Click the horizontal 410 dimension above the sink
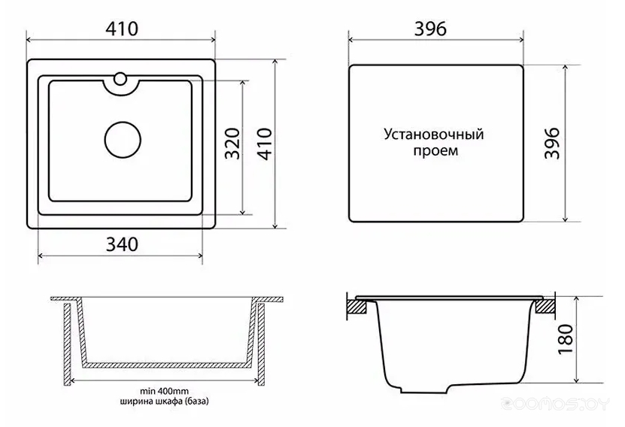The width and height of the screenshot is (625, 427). [122, 29]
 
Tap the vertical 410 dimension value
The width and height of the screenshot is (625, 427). [265, 144]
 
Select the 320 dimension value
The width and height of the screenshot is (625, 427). [232, 144]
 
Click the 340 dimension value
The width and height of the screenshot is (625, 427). [122, 244]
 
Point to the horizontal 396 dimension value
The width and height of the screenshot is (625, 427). [430, 29]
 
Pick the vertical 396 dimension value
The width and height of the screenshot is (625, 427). [552, 144]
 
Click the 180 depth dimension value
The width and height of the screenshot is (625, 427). [566, 339]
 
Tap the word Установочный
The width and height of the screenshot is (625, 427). [434, 135]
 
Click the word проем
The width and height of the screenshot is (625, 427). [435, 151]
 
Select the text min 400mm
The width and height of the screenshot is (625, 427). [164, 391]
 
